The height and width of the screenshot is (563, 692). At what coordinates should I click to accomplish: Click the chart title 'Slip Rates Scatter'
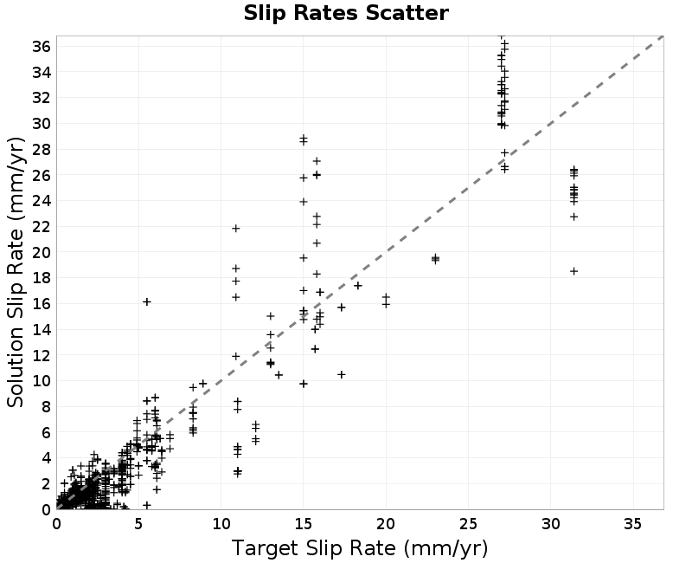pos(346,13)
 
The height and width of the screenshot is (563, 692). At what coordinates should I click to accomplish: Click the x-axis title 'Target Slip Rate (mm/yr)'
pos(360,548)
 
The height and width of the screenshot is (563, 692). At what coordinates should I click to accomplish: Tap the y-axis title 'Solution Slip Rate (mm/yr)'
pos(16,272)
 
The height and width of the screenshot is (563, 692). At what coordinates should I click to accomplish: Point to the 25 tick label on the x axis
pos(468,524)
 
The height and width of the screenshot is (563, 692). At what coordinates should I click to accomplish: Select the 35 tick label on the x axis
pos(633,524)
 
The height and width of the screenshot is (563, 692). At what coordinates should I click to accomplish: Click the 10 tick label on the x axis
pos(221,524)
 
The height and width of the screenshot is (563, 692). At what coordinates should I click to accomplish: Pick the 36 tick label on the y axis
pos(42,46)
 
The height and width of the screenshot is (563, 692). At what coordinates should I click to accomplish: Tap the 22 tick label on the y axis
pos(42,227)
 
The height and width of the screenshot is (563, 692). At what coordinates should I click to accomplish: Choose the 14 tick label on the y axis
pos(42,330)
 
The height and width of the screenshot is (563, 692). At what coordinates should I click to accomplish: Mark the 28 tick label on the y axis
pos(42,149)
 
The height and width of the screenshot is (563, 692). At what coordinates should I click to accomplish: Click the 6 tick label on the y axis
pos(47,432)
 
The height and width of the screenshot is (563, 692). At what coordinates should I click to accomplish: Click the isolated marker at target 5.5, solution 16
pos(147,301)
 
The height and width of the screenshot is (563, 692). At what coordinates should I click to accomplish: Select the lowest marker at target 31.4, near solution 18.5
pos(573,271)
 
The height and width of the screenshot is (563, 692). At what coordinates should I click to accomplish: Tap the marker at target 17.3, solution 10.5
pos(341,375)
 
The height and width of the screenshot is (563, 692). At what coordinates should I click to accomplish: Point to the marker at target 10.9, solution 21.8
pos(235,229)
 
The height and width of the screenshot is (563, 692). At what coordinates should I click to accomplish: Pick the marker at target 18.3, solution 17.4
pos(358,286)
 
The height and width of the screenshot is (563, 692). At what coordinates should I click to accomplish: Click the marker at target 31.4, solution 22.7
pos(573,217)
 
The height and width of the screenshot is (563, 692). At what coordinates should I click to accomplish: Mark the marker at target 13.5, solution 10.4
pos(279,375)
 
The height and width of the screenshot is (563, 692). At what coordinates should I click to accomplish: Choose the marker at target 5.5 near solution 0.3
pos(147,505)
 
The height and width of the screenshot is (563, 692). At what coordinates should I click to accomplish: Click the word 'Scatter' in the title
pos(407,13)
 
